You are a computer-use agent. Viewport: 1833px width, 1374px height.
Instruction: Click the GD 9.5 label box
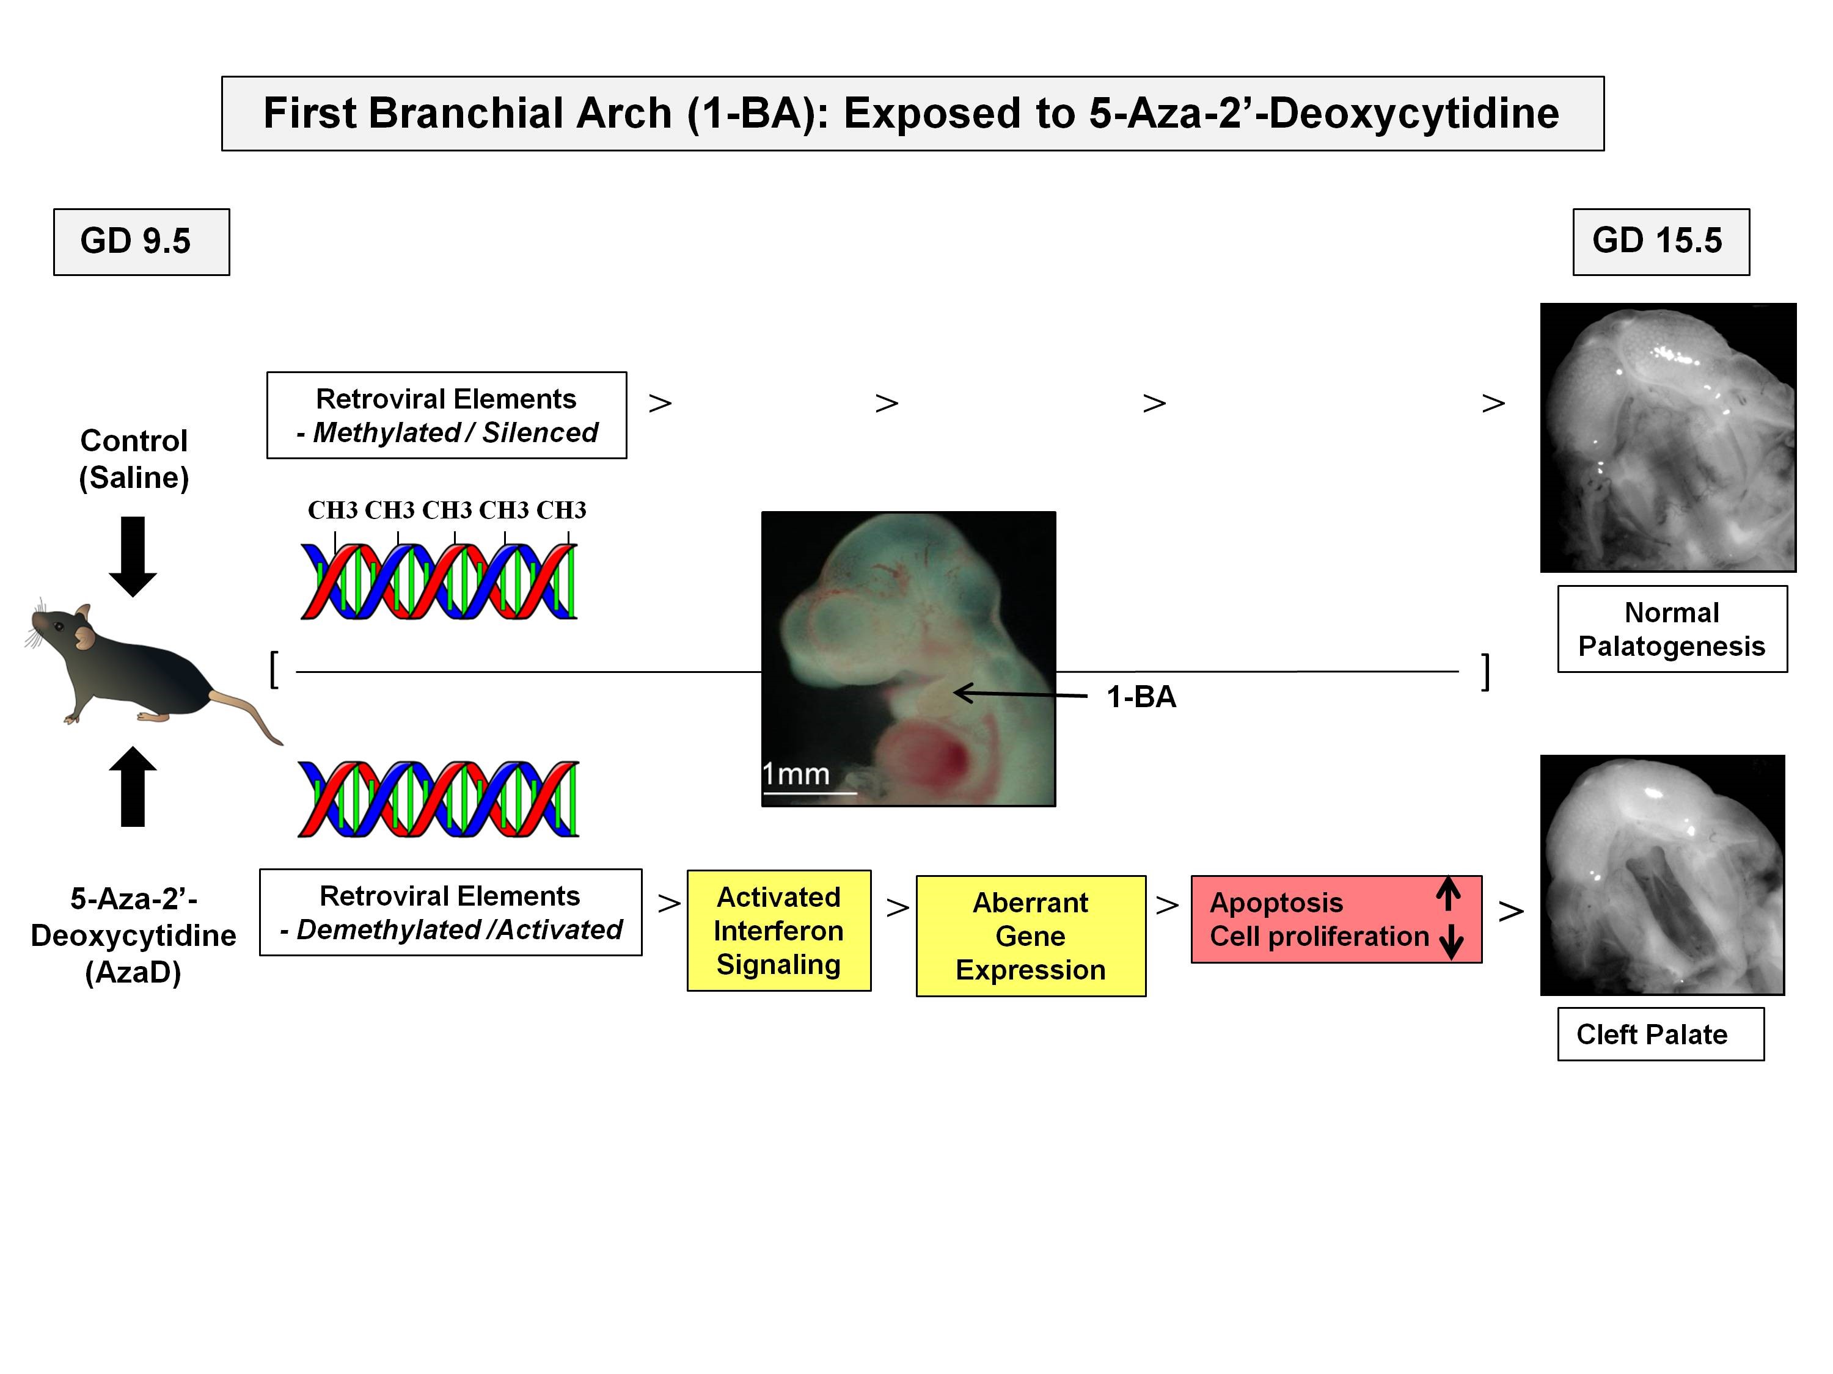point(141,242)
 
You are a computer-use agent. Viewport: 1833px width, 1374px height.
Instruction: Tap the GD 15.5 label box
point(1661,242)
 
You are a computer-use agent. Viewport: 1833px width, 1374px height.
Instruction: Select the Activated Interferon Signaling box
point(779,930)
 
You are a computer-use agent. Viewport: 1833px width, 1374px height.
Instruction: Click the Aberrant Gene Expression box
point(1031,936)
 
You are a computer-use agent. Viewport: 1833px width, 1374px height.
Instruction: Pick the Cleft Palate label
point(1660,1034)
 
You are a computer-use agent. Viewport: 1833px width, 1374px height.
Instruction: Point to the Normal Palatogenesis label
point(1672,628)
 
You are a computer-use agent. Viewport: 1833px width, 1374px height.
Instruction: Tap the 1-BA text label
point(1141,697)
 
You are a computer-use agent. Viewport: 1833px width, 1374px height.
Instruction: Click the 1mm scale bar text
point(796,774)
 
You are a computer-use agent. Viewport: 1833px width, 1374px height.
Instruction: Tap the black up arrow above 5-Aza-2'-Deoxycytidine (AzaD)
point(133,786)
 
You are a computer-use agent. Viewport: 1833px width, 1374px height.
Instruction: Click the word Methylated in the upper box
point(386,432)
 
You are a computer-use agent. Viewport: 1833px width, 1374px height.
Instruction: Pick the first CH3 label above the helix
point(332,510)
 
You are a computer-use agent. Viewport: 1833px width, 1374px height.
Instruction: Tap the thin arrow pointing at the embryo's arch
point(1019,694)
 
